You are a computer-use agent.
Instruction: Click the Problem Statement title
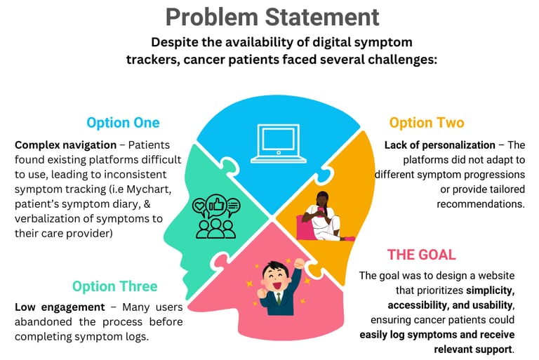(272, 17)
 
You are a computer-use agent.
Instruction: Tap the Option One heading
(123, 123)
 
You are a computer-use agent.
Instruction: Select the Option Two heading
(426, 123)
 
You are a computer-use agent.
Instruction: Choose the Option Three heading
(114, 286)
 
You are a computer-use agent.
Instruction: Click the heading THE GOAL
(421, 254)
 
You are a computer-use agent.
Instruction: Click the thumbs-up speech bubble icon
(215, 206)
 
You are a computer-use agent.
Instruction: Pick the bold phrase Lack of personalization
(440, 145)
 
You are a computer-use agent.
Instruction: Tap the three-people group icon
(215, 226)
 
